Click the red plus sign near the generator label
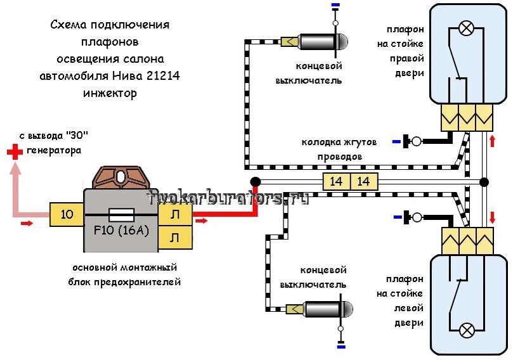(13, 151)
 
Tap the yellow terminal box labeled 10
(67, 214)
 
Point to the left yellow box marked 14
(336, 182)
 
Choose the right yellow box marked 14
(364, 182)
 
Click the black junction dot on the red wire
(255, 182)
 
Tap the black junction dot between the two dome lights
(483, 183)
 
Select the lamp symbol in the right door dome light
(467, 28)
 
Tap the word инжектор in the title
(110, 93)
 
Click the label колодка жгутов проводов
(339, 149)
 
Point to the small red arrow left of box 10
(27, 224)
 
